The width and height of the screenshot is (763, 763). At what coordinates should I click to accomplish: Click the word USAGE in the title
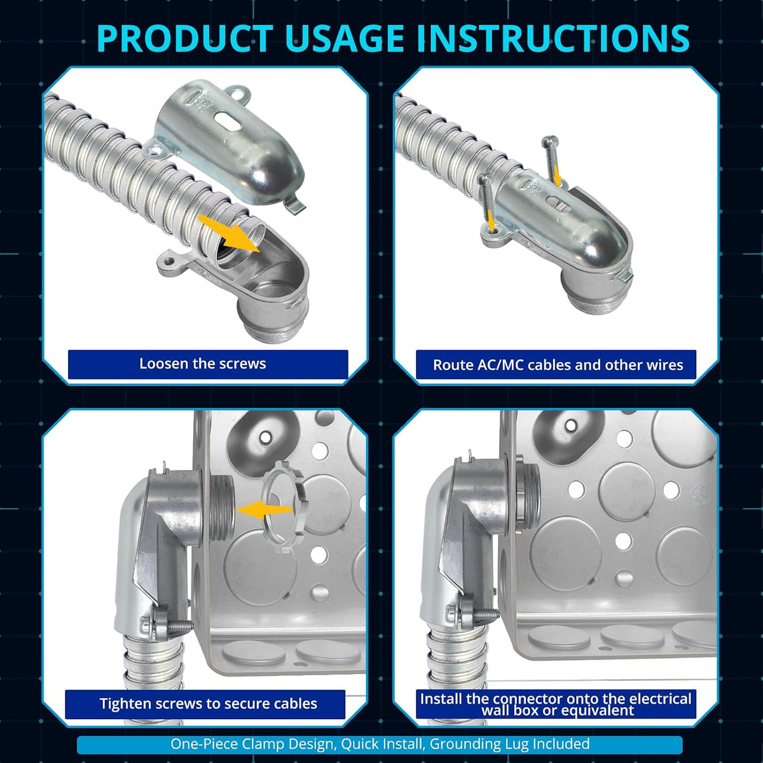(x=343, y=38)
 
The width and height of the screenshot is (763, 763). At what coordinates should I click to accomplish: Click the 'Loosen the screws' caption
(x=202, y=364)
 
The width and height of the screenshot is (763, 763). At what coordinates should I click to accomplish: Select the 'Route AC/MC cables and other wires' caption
(x=558, y=365)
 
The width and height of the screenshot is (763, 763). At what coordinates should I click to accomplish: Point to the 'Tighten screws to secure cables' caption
(x=209, y=704)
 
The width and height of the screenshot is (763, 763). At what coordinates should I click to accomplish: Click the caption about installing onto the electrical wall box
(x=556, y=705)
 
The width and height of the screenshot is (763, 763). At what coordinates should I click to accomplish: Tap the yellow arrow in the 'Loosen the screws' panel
(x=229, y=233)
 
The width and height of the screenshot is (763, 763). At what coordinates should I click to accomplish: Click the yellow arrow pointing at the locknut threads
(x=264, y=510)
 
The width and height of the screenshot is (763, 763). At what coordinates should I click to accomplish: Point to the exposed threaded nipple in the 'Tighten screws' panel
(x=223, y=509)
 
